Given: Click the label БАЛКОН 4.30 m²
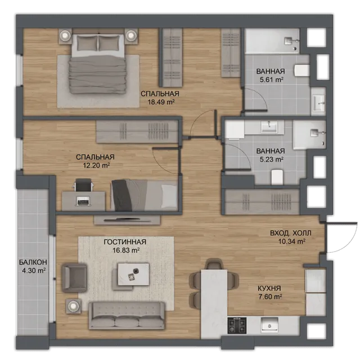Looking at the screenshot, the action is (33, 266).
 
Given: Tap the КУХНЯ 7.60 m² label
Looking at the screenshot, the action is (269, 292).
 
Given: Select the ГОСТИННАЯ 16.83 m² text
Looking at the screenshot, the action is (125, 246).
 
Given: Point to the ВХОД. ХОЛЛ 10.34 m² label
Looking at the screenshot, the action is (291, 237).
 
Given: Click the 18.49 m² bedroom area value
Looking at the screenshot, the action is (161, 102).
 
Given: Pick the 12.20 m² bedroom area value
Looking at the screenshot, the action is (96, 165).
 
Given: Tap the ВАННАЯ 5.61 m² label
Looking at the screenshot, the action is (271, 75).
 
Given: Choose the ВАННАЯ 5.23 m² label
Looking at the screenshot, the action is (271, 155).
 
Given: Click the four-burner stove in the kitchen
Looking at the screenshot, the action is (237, 326).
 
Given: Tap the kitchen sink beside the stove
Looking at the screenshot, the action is (269, 325).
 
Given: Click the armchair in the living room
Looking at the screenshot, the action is (74, 278).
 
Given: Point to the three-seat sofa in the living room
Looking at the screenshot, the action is (127, 316).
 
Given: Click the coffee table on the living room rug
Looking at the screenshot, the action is (133, 274).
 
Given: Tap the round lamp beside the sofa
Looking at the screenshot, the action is (74, 306).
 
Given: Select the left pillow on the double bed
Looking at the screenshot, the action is (87, 43).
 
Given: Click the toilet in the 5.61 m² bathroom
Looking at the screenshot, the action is (302, 70).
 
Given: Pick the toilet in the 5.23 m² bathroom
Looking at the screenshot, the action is (277, 177).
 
